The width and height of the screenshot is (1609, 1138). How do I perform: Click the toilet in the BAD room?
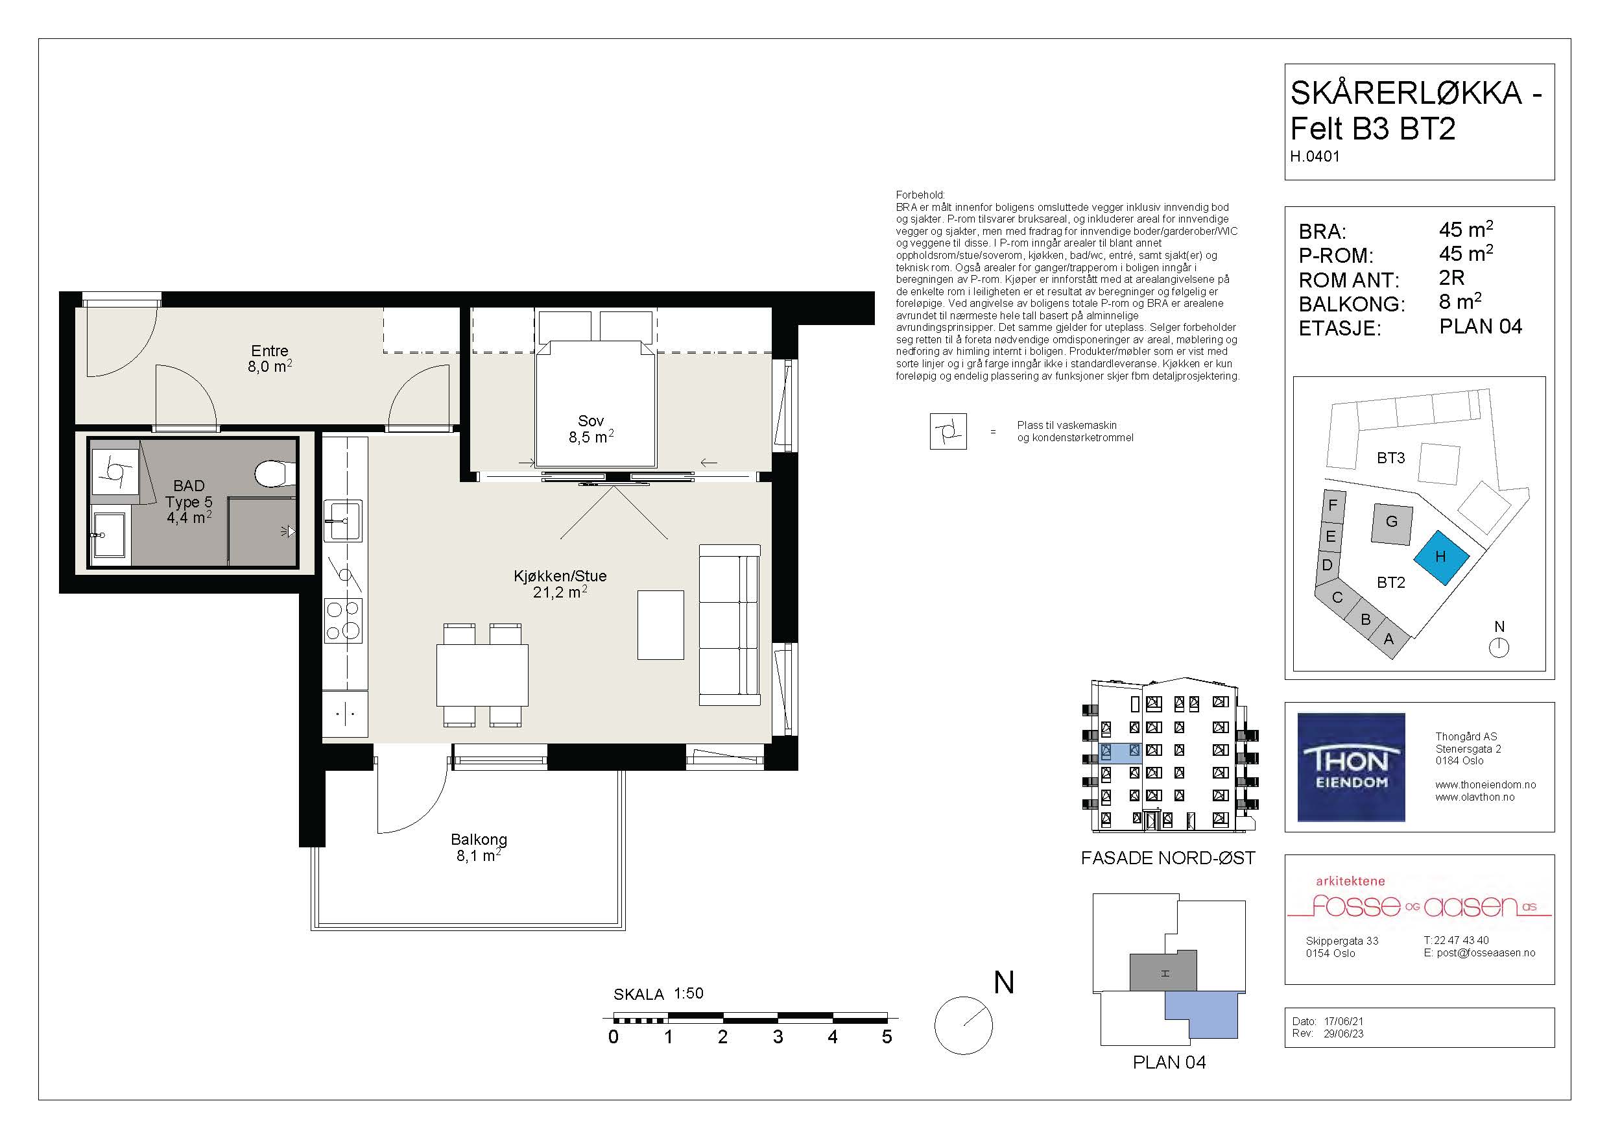tap(276, 473)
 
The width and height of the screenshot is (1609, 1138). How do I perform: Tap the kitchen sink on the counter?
tap(342, 520)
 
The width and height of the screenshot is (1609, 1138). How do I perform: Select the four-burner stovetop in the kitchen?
tap(342, 620)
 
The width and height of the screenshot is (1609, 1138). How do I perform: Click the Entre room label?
tap(270, 358)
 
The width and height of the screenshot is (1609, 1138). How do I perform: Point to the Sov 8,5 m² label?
tap(591, 429)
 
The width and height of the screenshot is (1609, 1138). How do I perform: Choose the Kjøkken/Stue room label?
tap(560, 584)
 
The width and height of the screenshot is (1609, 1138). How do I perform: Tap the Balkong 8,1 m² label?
tap(479, 847)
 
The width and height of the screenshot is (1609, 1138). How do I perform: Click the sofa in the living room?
tap(730, 625)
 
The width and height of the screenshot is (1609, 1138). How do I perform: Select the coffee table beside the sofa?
tap(660, 625)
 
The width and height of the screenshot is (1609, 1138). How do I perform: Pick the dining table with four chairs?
tap(482, 675)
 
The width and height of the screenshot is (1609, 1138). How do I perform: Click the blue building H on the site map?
tap(1440, 557)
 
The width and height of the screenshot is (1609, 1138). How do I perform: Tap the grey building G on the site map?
tap(1392, 524)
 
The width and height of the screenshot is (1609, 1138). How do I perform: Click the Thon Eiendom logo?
tap(1351, 767)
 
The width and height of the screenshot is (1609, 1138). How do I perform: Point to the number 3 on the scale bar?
tap(778, 1036)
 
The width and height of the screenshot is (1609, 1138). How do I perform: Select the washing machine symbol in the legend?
tap(948, 431)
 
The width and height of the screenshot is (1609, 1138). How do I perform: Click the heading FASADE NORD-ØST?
tap(1168, 858)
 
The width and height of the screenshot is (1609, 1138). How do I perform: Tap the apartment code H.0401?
tap(1315, 156)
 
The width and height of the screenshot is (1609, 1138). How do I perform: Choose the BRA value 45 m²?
tap(1466, 229)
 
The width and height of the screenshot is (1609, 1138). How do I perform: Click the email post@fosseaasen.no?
tap(1486, 953)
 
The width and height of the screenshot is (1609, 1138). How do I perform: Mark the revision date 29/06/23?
tap(1343, 1034)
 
